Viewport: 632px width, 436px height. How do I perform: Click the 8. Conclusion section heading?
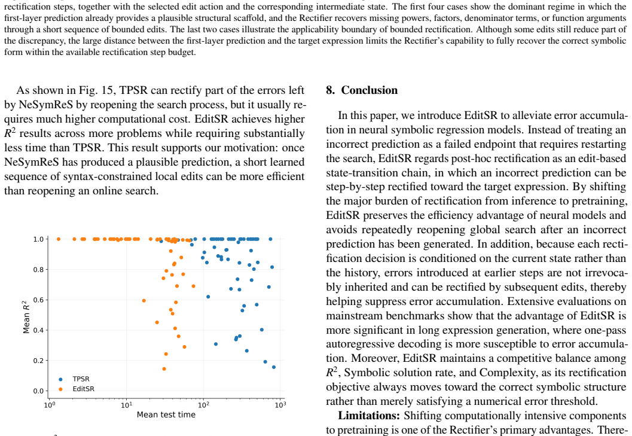click(x=362, y=90)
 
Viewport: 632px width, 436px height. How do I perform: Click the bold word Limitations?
click(x=369, y=416)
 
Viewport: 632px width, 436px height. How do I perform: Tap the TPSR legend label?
click(x=81, y=379)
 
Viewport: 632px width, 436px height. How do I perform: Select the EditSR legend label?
click(x=84, y=389)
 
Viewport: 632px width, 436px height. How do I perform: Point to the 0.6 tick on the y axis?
click(x=38, y=300)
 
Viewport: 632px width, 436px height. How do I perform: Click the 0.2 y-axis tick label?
click(x=38, y=361)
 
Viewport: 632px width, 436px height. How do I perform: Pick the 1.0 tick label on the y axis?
click(x=38, y=239)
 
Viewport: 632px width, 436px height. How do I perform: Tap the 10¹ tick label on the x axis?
click(x=126, y=404)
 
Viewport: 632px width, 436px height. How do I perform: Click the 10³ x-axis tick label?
click(x=280, y=404)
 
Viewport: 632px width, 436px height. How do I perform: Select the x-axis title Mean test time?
click(x=166, y=414)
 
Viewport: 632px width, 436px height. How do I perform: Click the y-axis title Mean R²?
click(x=26, y=317)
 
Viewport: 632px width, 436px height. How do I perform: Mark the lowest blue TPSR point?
click(x=274, y=367)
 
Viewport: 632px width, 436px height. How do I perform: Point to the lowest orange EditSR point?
click(x=164, y=368)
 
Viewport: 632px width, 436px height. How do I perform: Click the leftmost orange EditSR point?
click(x=59, y=239)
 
